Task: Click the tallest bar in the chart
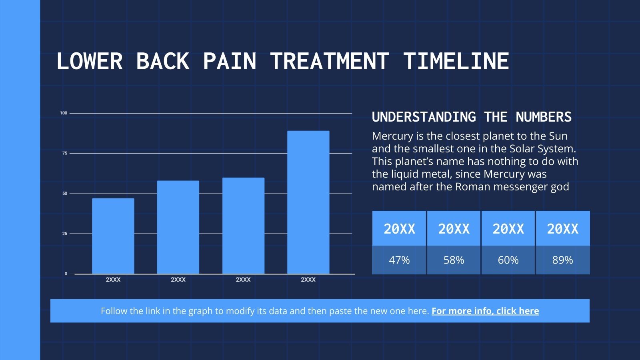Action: [308, 202]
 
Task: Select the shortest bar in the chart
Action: [113, 236]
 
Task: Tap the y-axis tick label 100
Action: [64, 113]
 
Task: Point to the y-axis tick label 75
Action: [65, 153]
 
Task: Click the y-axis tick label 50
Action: [65, 194]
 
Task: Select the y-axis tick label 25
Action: [65, 234]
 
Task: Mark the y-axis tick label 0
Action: [66, 274]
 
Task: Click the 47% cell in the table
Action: [399, 260]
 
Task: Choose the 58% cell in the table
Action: [454, 260]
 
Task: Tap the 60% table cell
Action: [508, 260]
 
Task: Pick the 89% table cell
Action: [562, 260]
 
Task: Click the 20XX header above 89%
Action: [562, 229]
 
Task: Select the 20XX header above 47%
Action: [399, 229]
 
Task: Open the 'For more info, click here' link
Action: [485, 311]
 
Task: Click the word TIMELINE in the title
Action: [456, 61]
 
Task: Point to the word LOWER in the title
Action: [90, 61]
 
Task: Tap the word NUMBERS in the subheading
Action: [544, 117]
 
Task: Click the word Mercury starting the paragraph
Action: [392, 136]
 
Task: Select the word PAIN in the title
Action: [230, 61]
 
